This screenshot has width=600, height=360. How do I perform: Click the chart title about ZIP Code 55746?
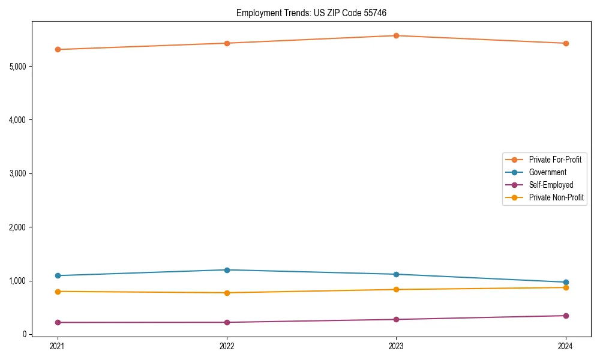[x=315, y=13]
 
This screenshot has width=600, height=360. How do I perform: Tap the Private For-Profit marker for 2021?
[x=58, y=49]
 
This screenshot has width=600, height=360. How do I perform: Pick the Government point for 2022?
[x=227, y=270]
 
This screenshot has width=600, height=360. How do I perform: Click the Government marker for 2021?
[x=58, y=275]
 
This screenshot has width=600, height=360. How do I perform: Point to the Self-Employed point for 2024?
[x=566, y=316]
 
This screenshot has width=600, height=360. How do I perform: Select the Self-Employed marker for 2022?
[x=227, y=322]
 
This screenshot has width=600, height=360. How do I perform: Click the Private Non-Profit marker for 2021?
[x=58, y=292]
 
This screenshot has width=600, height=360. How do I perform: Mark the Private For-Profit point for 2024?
[x=566, y=43]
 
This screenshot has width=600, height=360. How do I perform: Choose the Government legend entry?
[x=547, y=172]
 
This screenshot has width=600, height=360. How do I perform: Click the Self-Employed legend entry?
[x=551, y=185]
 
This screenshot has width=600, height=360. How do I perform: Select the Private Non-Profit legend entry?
[x=556, y=197]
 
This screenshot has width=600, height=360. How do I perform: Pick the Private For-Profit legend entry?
[x=555, y=160]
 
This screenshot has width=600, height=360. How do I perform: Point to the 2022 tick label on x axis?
[x=227, y=346]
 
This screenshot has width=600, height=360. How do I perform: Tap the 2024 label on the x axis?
[x=566, y=346]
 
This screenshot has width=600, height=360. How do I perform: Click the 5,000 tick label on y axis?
[x=19, y=66]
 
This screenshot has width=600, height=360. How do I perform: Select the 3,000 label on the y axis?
[x=19, y=173]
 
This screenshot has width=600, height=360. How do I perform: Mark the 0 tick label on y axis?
[x=25, y=334]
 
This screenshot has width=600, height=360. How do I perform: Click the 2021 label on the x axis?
[x=58, y=346]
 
